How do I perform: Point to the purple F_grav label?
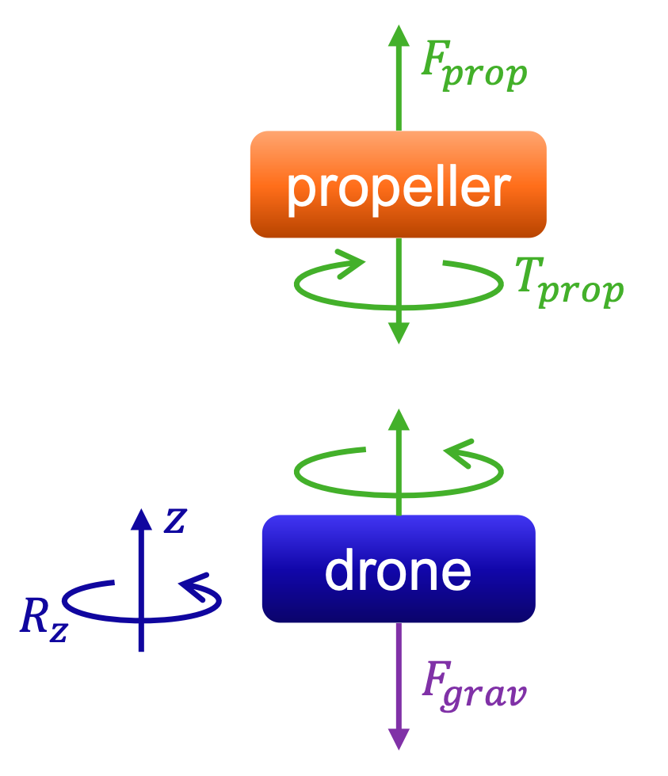[x=473, y=686]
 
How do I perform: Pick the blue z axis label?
[x=174, y=520]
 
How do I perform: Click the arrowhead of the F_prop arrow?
[x=399, y=36]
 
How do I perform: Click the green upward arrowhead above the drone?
[x=399, y=420]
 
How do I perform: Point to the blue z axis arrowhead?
[x=140, y=519]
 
